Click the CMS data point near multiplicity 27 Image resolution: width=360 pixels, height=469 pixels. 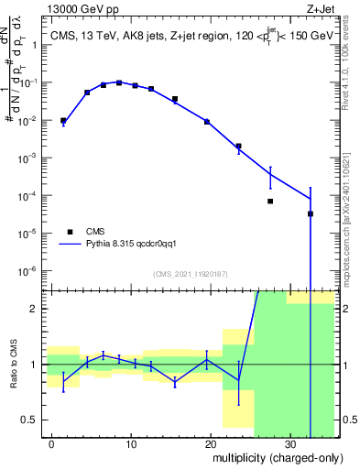click(270, 201)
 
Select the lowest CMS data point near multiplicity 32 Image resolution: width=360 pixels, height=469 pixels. click(310, 213)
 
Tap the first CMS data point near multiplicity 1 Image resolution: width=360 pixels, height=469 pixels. click(63, 120)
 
